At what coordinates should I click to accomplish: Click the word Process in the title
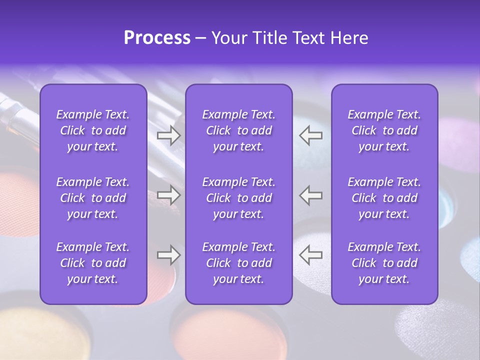[x=157, y=38]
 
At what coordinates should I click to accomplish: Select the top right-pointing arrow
[x=169, y=135]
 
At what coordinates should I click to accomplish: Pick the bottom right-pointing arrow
[x=169, y=255]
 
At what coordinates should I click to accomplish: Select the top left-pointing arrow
[x=311, y=135]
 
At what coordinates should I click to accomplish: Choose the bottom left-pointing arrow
[x=311, y=255]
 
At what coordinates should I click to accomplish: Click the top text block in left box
[x=93, y=130]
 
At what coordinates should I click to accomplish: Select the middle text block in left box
[x=93, y=198]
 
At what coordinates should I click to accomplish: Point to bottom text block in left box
[x=93, y=263]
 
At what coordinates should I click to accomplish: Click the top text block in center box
[x=239, y=130]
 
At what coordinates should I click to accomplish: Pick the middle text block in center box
[x=239, y=198]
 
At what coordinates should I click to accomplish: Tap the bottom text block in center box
[x=239, y=263]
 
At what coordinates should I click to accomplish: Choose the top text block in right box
[x=384, y=130]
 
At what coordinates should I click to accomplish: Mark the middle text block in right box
[x=384, y=198]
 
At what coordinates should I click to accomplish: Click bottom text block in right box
[x=384, y=263]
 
